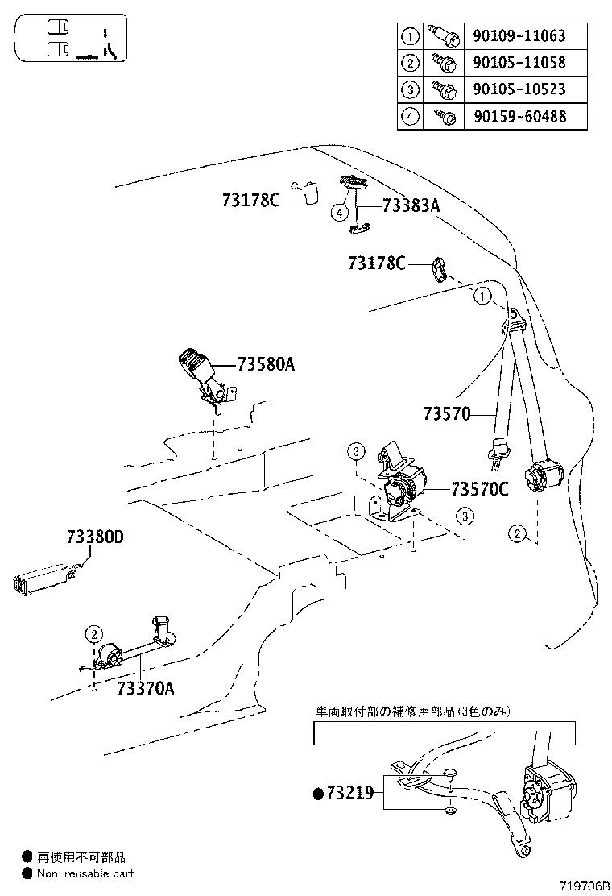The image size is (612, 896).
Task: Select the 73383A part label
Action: click(x=411, y=205)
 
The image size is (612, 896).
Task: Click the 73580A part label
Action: click(x=266, y=364)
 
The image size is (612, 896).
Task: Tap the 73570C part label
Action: click(x=479, y=488)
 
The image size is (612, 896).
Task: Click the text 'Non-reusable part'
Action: click(x=84, y=873)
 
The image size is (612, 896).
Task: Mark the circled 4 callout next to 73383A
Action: click(x=340, y=213)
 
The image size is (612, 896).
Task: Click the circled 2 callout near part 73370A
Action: click(x=93, y=633)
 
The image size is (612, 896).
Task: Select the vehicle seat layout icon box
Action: click(x=71, y=39)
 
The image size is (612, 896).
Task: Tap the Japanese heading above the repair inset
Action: click(x=411, y=711)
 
